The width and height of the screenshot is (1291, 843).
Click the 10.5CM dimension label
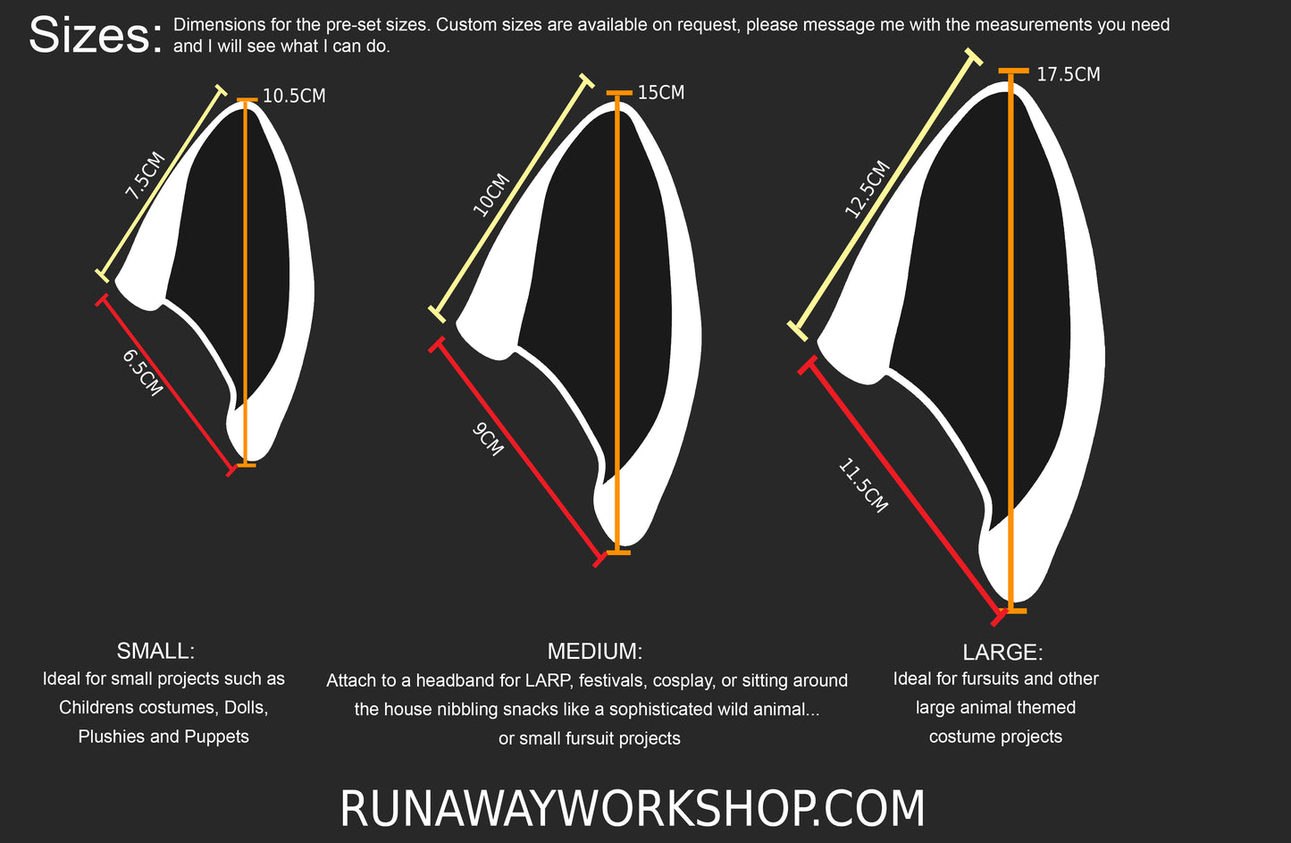point(294,96)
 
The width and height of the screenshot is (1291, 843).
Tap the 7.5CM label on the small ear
point(144,175)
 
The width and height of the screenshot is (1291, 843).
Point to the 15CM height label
point(661,93)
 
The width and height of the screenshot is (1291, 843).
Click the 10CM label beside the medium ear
point(490,194)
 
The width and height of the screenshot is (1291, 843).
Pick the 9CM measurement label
point(488,439)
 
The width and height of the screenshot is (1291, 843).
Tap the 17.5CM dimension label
point(1069,75)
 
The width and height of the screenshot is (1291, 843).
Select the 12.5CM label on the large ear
point(867,189)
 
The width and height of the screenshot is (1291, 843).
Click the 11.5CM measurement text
point(863,485)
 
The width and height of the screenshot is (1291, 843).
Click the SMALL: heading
point(155,650)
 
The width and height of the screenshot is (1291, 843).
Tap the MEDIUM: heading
point(595,651)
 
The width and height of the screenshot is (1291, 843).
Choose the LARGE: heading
point(1002,652)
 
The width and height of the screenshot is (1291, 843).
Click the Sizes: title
point(96,37)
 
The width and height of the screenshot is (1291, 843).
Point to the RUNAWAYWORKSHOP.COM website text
point(633,809)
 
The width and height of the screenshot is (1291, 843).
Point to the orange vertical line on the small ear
point(246,268)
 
